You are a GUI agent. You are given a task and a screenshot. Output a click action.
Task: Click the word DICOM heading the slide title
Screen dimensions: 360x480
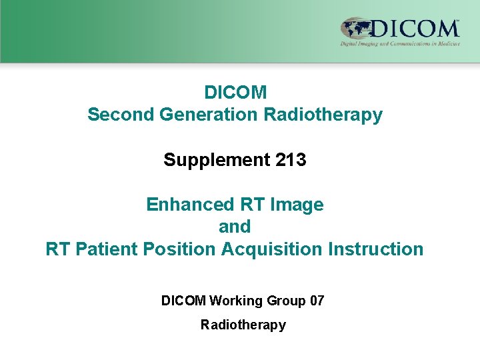tap(235, 92)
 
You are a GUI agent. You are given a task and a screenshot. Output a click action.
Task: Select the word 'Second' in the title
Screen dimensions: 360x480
tap(121, 115)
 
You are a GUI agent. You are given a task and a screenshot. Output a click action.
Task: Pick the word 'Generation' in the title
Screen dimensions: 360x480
tap(209, 115)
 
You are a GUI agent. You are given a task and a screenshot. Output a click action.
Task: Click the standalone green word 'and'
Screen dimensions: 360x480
tap(235, 227)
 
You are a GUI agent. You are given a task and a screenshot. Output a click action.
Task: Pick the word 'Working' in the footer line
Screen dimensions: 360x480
tap(235, 301)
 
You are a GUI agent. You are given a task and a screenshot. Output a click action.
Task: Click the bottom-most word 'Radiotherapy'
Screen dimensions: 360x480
tap(243, 325)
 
